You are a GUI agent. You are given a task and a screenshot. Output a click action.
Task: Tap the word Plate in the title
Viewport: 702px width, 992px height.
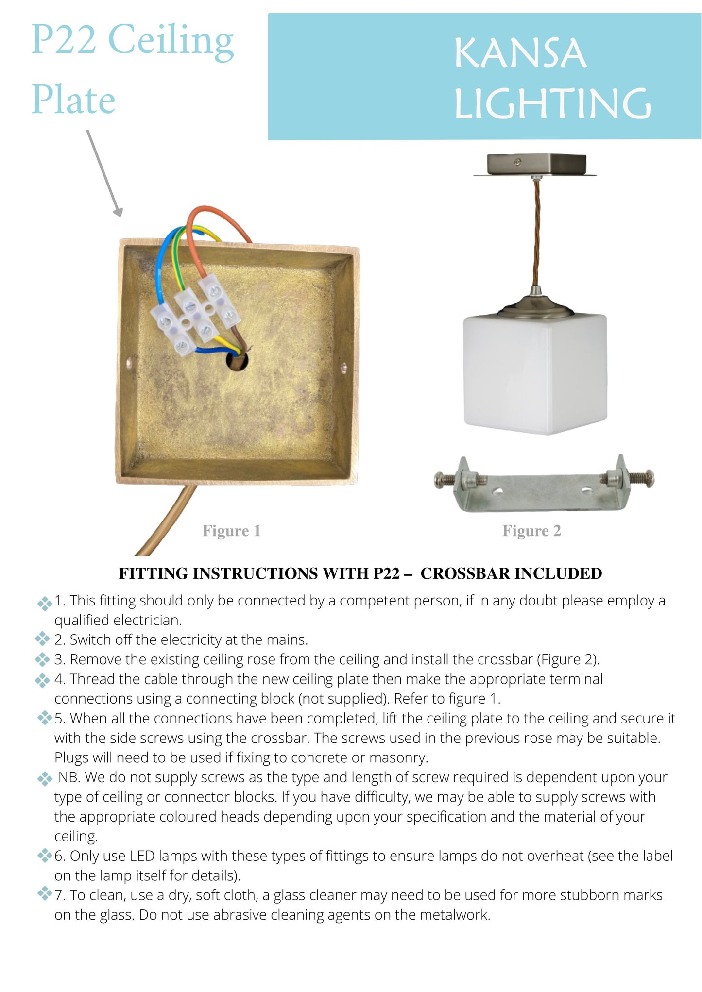coord(73,100)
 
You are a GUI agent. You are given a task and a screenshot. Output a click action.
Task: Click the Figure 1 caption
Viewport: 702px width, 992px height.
coord(232,531)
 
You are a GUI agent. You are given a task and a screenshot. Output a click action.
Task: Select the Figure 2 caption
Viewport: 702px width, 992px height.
coord(531,531)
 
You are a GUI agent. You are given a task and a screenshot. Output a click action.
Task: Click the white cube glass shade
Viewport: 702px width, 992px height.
coord(535,374)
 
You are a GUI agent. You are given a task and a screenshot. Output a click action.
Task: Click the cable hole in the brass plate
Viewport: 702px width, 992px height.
coord(237,361)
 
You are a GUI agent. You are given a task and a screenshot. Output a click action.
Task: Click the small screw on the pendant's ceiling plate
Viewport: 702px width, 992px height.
coord(519,160)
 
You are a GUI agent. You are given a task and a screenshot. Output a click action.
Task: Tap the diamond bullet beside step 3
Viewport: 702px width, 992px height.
coord(43,659)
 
